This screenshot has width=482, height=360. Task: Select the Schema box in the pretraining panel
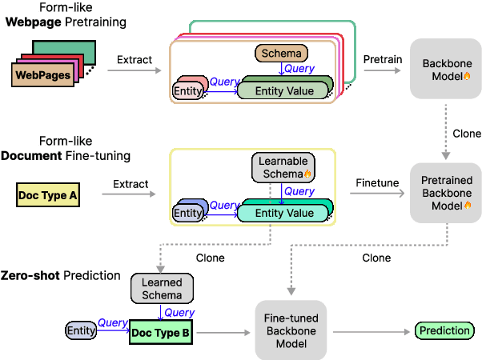point(280,54)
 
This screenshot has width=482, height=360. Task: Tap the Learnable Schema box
point(283,167)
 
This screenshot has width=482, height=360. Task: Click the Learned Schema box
point(162,289)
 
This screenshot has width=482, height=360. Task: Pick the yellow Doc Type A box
point(48,194)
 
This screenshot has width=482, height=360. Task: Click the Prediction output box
point(444,331)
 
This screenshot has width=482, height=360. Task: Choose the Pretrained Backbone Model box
point(446,193)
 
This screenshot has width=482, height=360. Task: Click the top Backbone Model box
point(446,70)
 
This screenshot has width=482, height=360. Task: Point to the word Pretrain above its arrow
point(377,59)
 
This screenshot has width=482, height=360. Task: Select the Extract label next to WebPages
point(135,60)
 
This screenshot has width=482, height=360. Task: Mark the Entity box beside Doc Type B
point(81,331)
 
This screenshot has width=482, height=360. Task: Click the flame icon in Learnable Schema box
point(307,174)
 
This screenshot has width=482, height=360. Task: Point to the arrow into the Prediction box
point(372,331)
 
